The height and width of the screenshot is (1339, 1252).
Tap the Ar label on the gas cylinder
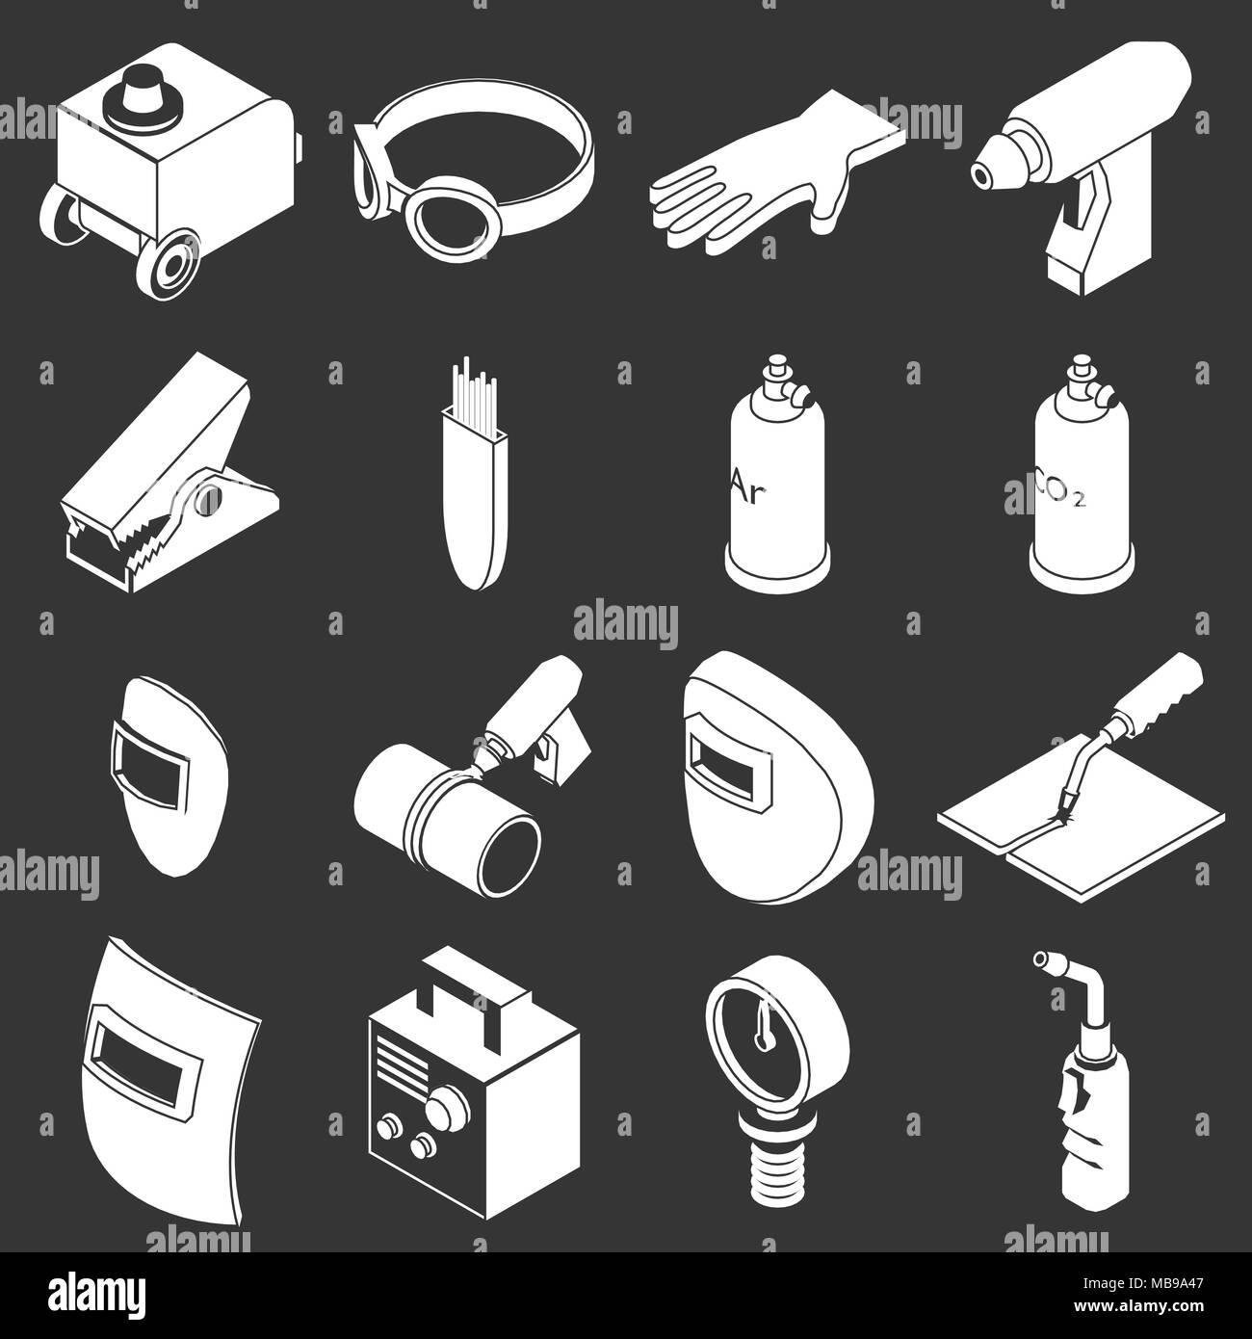coord(748,479)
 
